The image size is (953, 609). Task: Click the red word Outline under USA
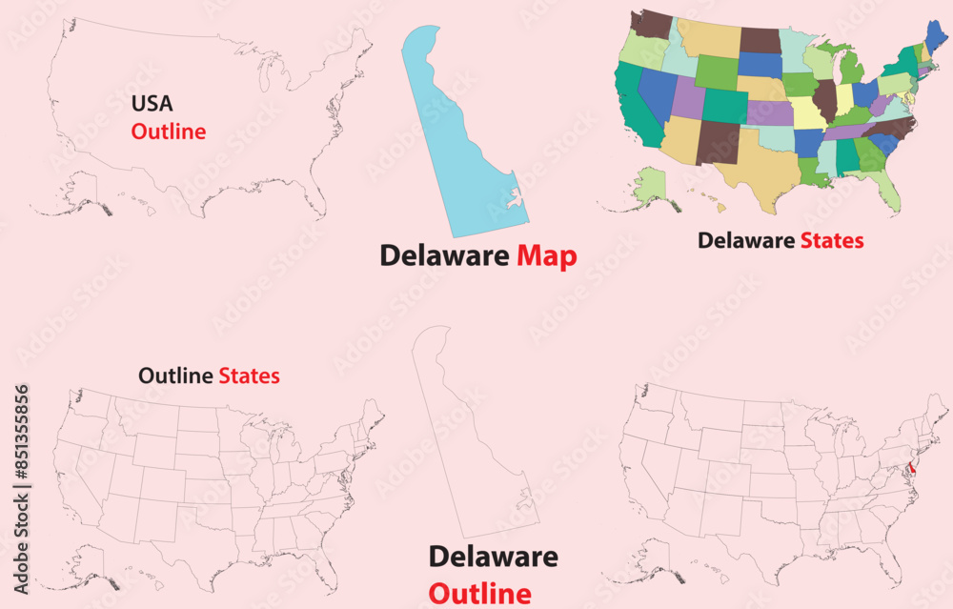coord(169,132)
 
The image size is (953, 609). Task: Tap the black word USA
coord(152,103)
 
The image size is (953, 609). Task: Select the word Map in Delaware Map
coord(547,255)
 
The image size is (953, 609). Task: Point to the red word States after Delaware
coord(831,241)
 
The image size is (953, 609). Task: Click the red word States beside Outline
coord(249,376)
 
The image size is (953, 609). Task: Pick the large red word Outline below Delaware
coord(479,593)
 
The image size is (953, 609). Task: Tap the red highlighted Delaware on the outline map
coord(912,468)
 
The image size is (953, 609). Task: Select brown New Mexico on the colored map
coord(717,142)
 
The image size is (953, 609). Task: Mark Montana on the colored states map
coord(708,37)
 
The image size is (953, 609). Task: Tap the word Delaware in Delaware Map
coord(445,255)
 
